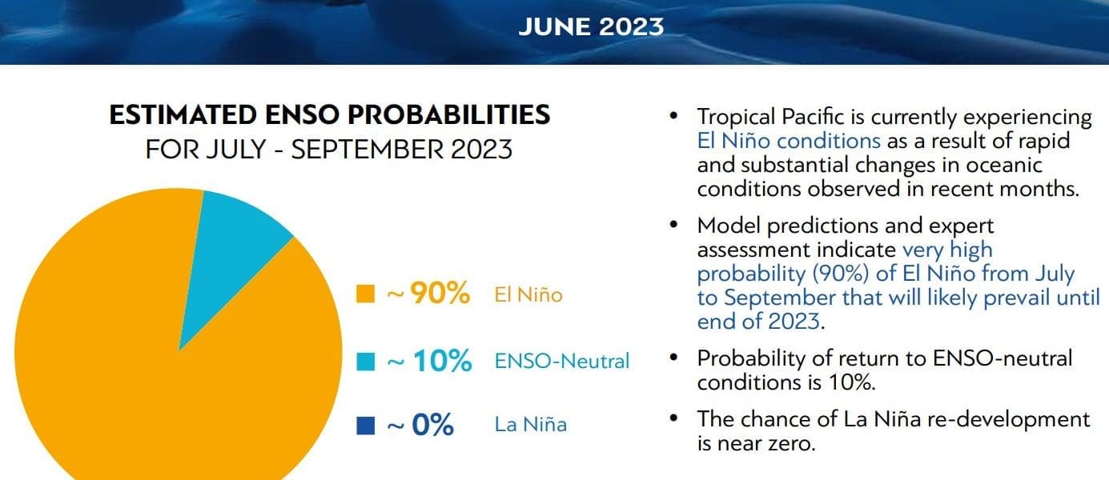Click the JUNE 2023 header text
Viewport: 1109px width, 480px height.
coord(591,26)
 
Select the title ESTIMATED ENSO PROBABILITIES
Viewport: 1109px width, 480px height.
coord(330,115)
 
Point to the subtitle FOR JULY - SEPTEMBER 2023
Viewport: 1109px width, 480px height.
coord(329,150)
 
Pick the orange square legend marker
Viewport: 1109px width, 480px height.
coord(365,294)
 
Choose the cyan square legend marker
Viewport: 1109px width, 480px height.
coord(365,362)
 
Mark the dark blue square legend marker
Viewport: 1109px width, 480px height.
coord(365,426)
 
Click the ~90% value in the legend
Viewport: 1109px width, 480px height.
coord(428,293)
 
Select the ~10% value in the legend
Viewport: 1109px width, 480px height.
coord(428,361)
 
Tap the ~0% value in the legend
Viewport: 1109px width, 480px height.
coord(420,425)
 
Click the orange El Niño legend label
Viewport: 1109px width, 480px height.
coord(528,294)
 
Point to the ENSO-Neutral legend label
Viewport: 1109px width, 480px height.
coord(562,362)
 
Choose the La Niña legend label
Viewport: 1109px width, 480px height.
coord(531,425)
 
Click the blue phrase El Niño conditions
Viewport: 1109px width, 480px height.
coord(789,141)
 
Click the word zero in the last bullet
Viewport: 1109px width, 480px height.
coord(791,443)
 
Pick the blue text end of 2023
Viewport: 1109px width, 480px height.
coord(759,322)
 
